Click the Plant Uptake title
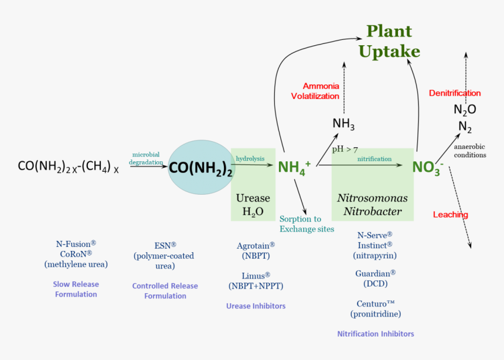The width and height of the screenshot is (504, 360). tap(389, 41)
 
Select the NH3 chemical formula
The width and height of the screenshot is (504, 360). tap(343, 124)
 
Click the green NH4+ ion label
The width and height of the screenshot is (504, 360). tap(294, 167)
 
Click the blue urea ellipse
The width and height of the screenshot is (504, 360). tap(201, 168)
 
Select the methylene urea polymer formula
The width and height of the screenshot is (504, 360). tap(69, 167)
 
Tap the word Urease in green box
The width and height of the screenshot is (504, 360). tap(253, 198)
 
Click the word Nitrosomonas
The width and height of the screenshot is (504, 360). tap(372, 198)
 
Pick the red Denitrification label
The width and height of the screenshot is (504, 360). tap(455, 93)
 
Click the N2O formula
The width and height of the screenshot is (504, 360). tap(465, 110)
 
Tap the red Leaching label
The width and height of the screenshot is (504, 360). tap(450, 215)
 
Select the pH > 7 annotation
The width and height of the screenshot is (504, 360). tap(345, 149)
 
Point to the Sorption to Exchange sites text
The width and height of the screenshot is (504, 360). tap(307, 224)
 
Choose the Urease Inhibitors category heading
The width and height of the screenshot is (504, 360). tap(256, 306)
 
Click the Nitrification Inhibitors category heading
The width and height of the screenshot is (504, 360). tap(375, 334)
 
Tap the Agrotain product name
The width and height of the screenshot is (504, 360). tap(256, 246)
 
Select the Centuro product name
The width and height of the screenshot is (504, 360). tap(376, 303)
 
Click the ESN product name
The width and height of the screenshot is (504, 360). tap(165, 245)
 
